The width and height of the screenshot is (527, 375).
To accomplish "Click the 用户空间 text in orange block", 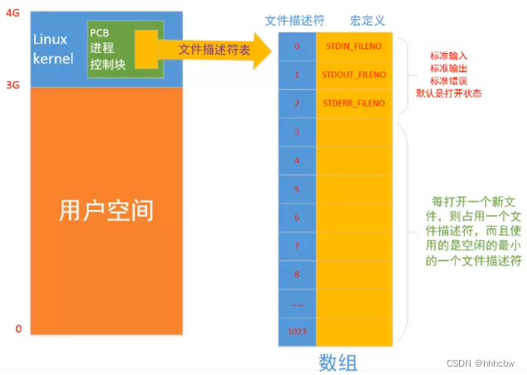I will [106, 210].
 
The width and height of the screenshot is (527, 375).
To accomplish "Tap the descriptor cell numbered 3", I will [297, 131].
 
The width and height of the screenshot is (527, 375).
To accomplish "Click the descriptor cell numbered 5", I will [297, 188].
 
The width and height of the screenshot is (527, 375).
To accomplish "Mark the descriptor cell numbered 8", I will [297, 274].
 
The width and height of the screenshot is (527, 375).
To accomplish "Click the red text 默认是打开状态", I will [447, 93].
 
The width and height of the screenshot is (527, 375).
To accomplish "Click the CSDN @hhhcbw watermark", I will [487, 363].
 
